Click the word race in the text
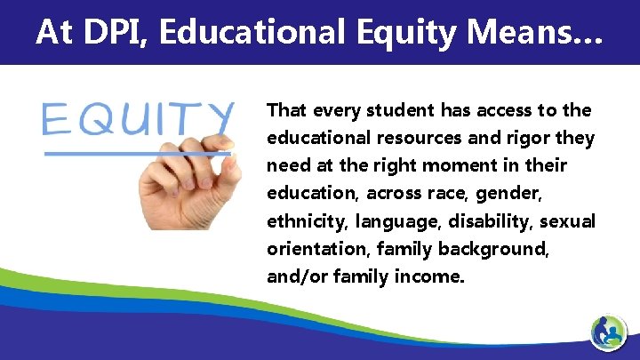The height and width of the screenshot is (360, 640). [x=432, y=194]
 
